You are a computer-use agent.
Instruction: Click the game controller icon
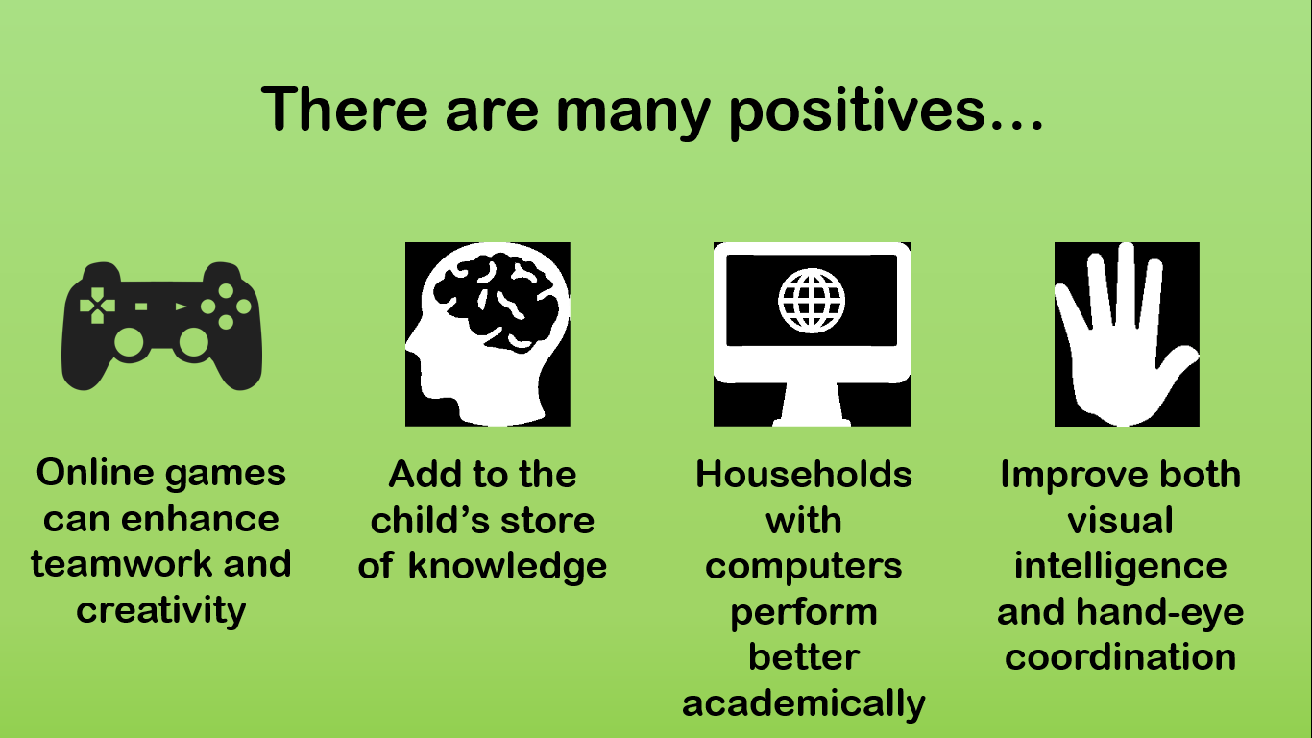pos(161,326)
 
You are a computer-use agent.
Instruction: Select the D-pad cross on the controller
pos(97,306)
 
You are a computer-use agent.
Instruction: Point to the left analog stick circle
pos(130,342)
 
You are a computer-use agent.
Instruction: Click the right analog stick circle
pos(193,342)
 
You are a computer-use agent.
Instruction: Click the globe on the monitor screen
pos(812,302)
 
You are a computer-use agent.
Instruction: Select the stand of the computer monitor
pos(812,405)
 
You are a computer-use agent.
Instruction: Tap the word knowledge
pos(507,566)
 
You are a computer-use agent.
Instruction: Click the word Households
pos(804,474)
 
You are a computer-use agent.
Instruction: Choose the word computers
pos(804,567)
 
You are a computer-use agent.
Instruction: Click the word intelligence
pos(1121,566)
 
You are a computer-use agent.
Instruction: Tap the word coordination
pos(1121,657)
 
